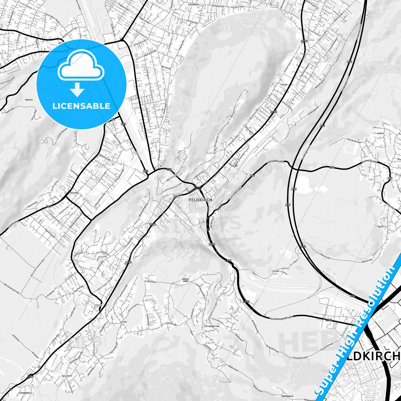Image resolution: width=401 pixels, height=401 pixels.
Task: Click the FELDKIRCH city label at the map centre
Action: pyautogui.click(x=200, y=200)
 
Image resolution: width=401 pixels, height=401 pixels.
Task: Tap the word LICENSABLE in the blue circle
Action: pyautogui.click(x=81, y=106)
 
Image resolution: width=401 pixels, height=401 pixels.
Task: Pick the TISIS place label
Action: pyautogui.click(x=99, y=305)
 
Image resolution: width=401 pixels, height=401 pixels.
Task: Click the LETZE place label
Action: pyautogui.click(x=123, y=322)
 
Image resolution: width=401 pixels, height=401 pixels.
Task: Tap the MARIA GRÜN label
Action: pyautogui.click(x=186, y=280)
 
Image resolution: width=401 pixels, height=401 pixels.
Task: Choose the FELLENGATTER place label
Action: pyautogui.click(x=211, y=326)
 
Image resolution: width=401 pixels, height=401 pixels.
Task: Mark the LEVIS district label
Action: pyautogui.click(x=284, y=84)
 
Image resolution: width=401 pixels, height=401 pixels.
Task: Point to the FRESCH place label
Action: pyautogui.click(x=29, y=100)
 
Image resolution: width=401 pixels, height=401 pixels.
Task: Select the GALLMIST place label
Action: pyautogui.click(x=67, y=376)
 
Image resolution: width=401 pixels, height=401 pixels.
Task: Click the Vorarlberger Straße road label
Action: pyautogui.click(x=281, y=317)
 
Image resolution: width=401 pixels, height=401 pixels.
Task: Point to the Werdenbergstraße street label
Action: pyautogui.click(x=11, y=289)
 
